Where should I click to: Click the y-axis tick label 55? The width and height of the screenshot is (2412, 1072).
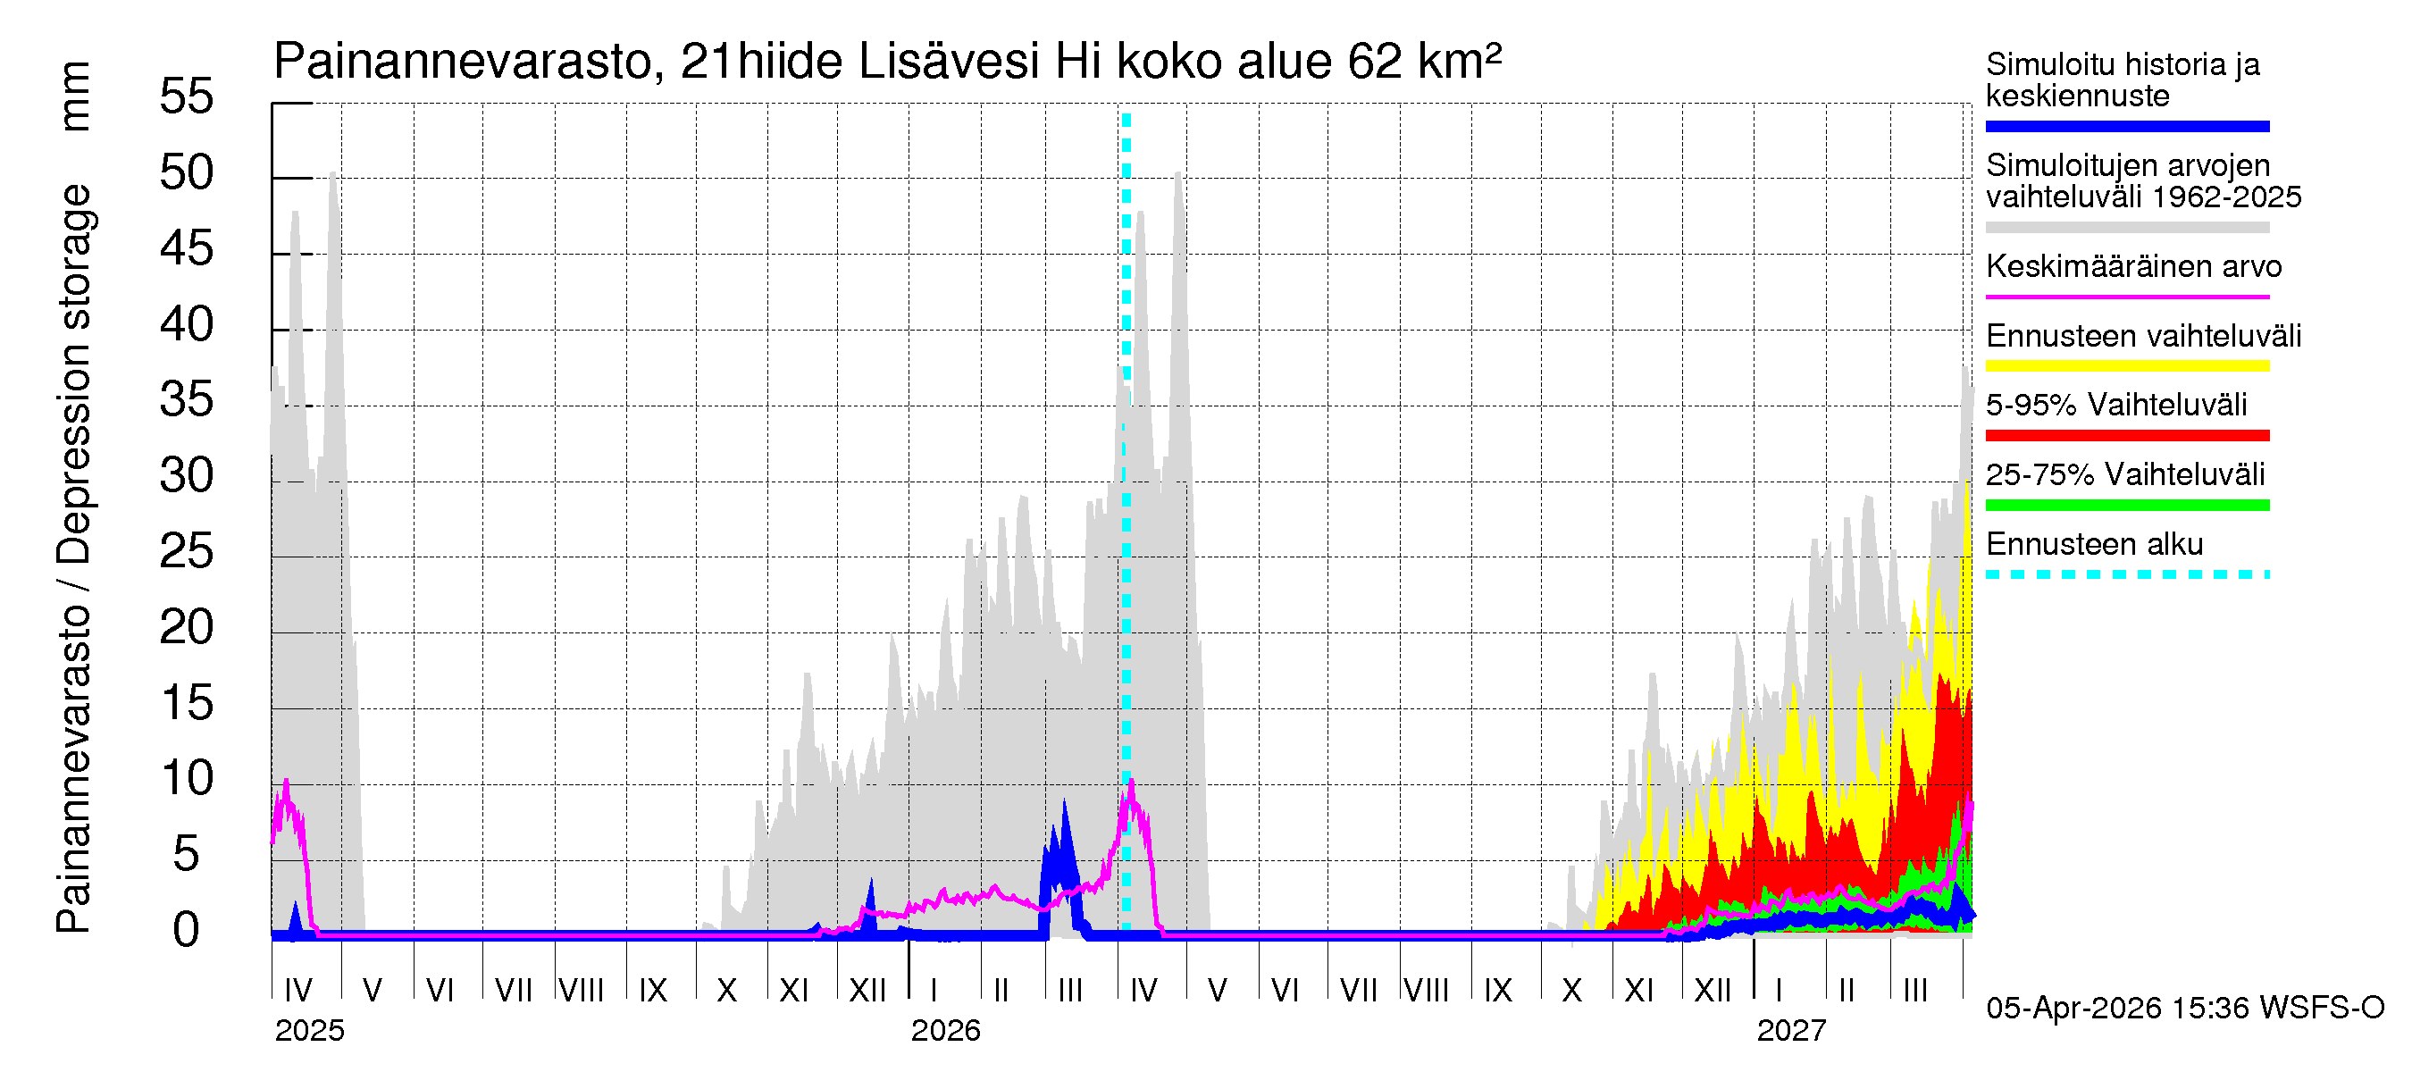187,96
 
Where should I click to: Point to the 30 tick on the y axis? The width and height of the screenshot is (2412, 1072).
187,475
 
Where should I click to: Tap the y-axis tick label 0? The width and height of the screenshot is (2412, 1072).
187,930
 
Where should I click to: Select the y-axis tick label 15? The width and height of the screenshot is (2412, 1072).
187,703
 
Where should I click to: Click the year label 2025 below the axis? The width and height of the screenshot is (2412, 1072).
309,1031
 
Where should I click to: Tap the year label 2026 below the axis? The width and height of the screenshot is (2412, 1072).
945,1031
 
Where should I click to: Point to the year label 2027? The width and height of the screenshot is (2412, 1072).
1790,1031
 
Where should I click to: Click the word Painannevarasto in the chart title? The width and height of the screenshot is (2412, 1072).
463,62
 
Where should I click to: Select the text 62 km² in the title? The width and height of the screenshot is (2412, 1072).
1424,62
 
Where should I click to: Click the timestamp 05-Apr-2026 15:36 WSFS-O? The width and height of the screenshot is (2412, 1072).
2184,1009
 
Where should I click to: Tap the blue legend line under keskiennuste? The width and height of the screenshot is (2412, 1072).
2126,126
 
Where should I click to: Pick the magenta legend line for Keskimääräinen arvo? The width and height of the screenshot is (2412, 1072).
2126,297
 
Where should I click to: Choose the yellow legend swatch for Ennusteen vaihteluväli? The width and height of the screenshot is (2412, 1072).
2126,366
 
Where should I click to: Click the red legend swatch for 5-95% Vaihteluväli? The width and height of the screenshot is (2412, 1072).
2126,435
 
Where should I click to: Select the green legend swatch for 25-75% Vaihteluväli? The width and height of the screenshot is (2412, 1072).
2126,506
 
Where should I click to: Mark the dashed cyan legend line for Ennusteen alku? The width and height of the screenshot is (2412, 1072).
2126,574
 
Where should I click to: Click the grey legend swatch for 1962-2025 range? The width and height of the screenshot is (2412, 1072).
2126,228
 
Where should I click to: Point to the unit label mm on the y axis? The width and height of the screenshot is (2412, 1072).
75,96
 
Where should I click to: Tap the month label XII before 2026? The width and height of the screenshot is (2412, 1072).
867,991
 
